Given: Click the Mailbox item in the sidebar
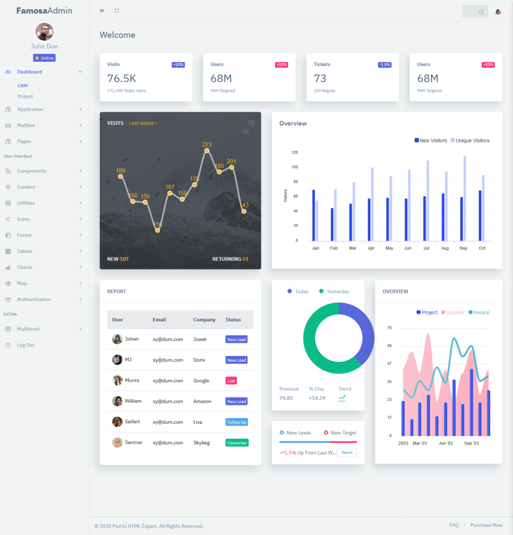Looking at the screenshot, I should coord(26,125).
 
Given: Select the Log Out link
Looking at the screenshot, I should coord(26,345).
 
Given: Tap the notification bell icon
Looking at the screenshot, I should coord(498,11).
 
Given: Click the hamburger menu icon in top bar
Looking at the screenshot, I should coord(102,11).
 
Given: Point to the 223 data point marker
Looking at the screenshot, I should coord(207,151).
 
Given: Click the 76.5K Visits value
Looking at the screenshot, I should coord(122,78).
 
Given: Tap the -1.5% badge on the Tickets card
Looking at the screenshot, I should coord(385,65).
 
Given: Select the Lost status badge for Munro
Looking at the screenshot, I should coord(231,381).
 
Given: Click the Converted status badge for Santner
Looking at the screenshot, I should coord(237,443).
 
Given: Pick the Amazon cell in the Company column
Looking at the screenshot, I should coord(202,401).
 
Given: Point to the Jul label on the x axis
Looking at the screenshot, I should coord(426,248).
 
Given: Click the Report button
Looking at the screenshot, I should coord(347,452).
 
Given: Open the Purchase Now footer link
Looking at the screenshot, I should coord(486,525).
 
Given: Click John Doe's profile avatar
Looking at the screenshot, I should coord(44,32).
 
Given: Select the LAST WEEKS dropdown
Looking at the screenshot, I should coord(143,123).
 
